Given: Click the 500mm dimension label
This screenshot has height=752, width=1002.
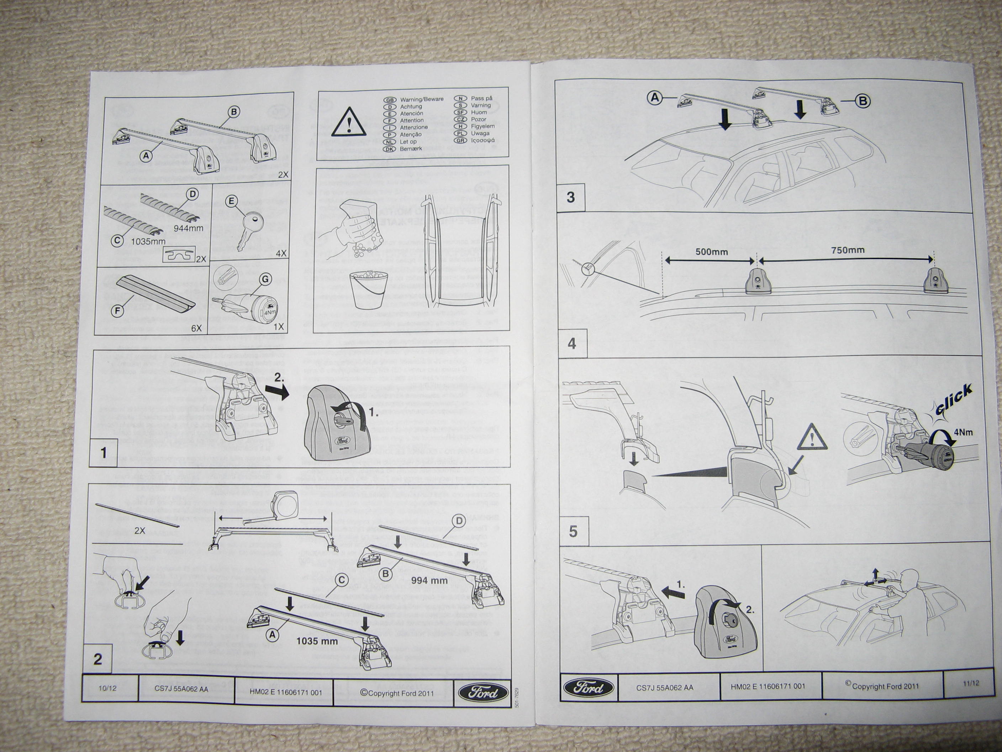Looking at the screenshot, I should click(x=712, y=252).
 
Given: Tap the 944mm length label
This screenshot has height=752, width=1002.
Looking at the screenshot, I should click(x=189, y=228).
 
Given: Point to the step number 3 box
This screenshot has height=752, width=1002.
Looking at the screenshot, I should click(x=571, y=197).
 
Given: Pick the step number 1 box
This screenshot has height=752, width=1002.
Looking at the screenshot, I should click(x=104, y=453).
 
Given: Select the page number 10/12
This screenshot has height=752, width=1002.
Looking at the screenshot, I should click(x=107, y=688).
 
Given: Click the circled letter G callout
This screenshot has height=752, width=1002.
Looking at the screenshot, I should click(x=264, y=279).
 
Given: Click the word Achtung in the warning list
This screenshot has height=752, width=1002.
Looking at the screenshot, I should click(x=411, y=106).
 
